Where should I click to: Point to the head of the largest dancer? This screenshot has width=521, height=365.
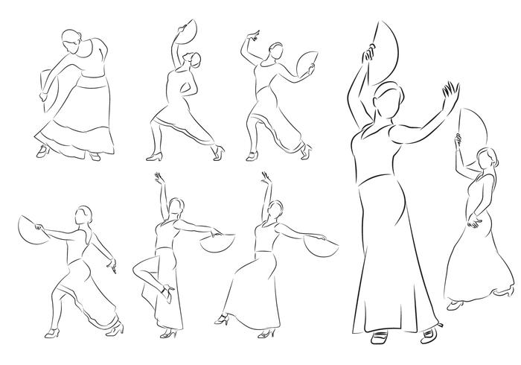tap(390, 98)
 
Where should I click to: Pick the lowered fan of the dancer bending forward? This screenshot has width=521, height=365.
tap(46, 82)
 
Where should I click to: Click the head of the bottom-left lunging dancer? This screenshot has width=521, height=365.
tap(83, 216)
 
